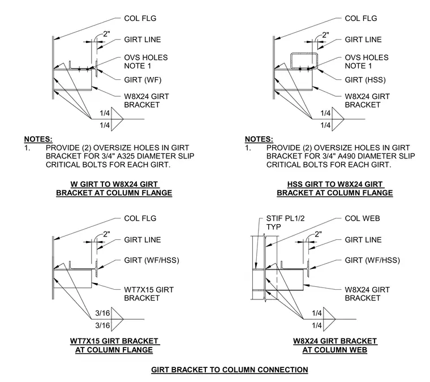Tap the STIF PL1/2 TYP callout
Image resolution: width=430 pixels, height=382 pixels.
click(x=285, y=222)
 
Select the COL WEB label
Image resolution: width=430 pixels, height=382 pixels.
click(x=362, y=218)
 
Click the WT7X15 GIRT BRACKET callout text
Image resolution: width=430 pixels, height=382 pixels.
click(x=149, y=294)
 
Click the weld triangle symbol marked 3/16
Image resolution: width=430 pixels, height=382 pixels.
click(x=117, y=319)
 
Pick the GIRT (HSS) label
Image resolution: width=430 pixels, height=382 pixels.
click(x=365, y=80)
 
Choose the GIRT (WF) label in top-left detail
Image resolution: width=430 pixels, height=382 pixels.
click(x=143, y=80)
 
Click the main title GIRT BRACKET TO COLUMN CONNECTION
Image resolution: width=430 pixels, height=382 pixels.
click(x=230, y=370)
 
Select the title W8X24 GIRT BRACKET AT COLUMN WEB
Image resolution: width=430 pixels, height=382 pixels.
click(x=335, y=345)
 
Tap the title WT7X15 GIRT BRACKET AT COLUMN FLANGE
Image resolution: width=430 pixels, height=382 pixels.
click(x=114, y=345)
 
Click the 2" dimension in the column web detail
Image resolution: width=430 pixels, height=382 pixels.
click(x=318, y=234)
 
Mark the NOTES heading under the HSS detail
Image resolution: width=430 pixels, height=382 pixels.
click(x=259, y=139)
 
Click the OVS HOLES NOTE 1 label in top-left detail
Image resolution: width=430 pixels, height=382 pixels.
click(x=145, y=62)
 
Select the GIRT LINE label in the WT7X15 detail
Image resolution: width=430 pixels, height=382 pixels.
click(x=143, y=240)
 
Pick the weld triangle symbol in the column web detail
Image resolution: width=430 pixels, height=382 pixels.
click(x=329, y=319)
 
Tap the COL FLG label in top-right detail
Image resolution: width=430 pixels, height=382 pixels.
click(x=361, y=18)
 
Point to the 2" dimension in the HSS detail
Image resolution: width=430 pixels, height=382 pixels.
click(x=325, y=35)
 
